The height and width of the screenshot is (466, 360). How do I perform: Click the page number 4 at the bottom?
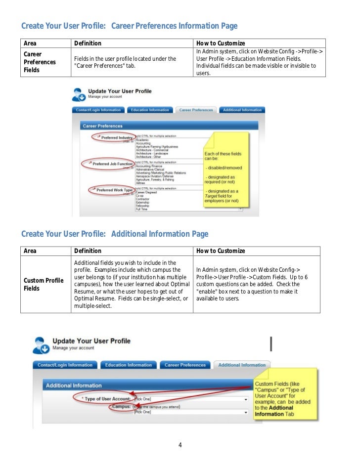point(180,445)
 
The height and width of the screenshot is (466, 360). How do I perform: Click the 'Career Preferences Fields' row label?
point(33,62)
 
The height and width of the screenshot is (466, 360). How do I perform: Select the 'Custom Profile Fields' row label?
point(44,284)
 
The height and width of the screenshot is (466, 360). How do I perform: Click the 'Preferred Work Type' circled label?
point(113,190)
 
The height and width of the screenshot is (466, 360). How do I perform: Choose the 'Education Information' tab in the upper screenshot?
point(150,110)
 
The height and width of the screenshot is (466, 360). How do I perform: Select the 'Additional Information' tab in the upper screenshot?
point(242,110)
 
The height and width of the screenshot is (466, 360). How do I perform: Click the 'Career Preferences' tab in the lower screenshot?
point(185,365)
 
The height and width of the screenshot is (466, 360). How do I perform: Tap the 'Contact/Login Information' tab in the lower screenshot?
point(65,365)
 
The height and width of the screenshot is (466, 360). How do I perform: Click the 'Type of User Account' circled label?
point(105,398)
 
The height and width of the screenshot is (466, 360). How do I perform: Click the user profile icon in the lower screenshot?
point(41,345)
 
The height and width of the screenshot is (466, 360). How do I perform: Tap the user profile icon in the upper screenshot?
point(79,94)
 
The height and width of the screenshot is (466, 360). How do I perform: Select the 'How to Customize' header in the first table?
point(221,43)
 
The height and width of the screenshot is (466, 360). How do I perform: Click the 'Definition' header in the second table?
point(88,251)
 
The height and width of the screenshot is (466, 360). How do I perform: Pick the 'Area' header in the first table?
point(30,43)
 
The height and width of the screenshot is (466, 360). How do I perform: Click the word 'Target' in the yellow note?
point(212,196)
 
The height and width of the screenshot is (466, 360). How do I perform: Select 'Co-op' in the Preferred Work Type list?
point(140,196)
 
